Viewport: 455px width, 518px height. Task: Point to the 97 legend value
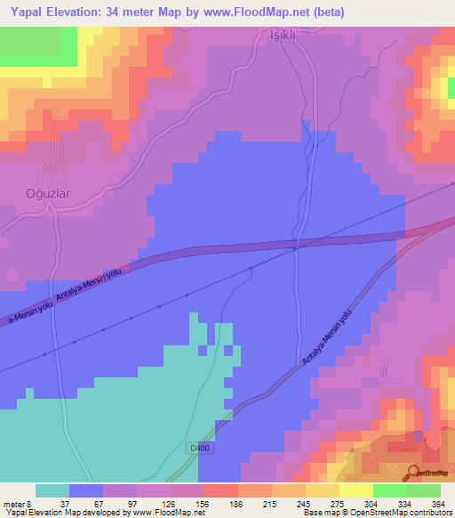pyautogui.click(x=133, y=504)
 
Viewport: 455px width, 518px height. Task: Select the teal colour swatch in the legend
pyautogui.click(x=52, y=490)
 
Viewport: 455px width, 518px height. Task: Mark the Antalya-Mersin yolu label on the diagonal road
pyautogui.click(x=329, y=338)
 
